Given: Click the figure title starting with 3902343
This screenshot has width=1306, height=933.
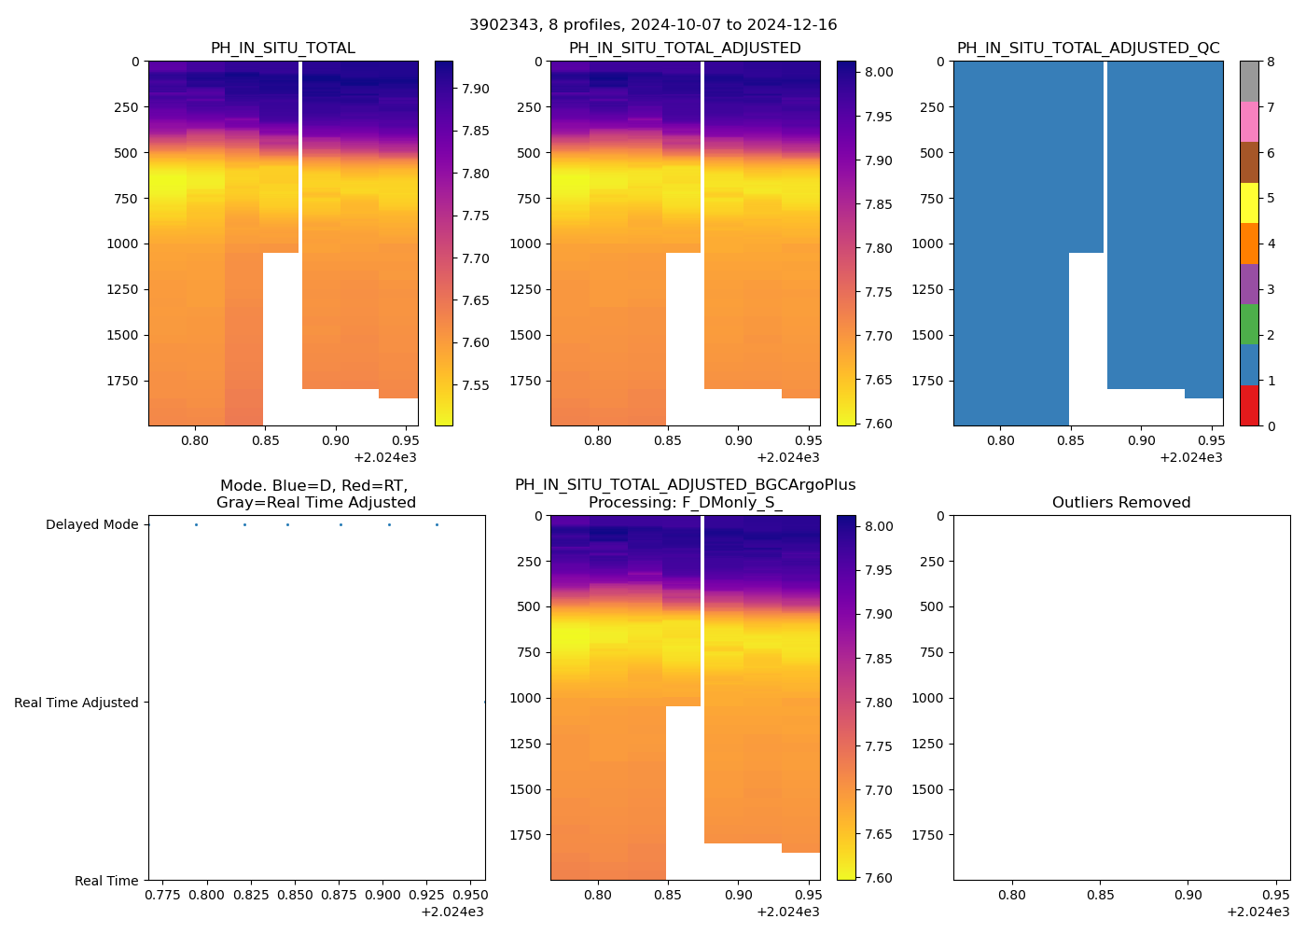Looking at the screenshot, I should click(x=653, y=25).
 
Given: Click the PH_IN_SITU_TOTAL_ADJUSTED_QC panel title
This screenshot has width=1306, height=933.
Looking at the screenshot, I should click(x=1088, y=49).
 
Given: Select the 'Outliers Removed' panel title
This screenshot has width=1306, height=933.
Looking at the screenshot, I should click(x=1121, y=503).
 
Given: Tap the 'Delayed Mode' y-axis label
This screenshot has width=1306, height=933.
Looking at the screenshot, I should click(x=91, y=525).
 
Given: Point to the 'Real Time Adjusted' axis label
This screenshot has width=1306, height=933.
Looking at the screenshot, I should click(x=76, y=703).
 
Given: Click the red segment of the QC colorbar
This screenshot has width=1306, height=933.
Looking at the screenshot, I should click(x=1249, y=406).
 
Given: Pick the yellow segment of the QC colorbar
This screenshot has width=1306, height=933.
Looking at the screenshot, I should click(x=1249, y=202).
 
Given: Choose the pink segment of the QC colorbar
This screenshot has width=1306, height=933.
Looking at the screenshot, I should click(x=1249, y=121).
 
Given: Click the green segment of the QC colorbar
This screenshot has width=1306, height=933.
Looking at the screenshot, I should click(x=1249, y=324).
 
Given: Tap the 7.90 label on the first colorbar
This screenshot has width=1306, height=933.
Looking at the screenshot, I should click(x=475, y=89).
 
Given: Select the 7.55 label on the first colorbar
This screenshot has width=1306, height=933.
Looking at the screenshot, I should click(x=475, y=385).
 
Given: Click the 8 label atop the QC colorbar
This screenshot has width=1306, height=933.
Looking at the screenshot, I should click(x=1270, y=62).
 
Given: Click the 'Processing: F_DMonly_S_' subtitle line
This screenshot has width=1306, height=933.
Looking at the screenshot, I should click(x=685, y=503).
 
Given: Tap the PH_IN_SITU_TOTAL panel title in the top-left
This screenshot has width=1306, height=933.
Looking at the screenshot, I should click(x=283, y=49).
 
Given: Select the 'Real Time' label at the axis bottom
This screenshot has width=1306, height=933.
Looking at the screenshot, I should click(x=106, y=881).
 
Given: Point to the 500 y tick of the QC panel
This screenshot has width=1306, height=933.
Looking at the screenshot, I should click(x=933, y=153).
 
